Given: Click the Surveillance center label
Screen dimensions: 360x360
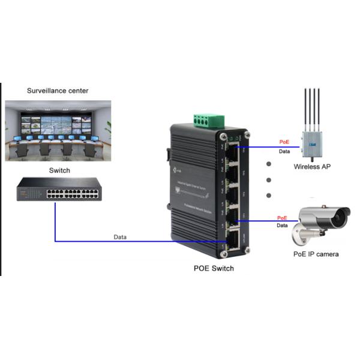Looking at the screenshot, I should click(x=58, y=91).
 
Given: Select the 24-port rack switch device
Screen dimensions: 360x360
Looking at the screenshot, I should click(x=58, y=191).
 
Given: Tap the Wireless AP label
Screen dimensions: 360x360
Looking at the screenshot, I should click(x=312, y=167).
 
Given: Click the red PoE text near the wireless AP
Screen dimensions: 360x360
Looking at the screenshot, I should click(x=284, y=142).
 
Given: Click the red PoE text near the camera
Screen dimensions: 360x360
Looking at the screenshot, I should click(x=281, y=218).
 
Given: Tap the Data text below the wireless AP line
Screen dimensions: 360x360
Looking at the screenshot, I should click(x=284, y=152).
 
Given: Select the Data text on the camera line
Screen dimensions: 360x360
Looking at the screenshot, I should click(x=281, y=226).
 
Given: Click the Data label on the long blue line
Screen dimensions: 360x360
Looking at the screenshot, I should click(x=120, y=237).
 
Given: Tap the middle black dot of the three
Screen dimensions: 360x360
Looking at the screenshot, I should click(x=268, y=179).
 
